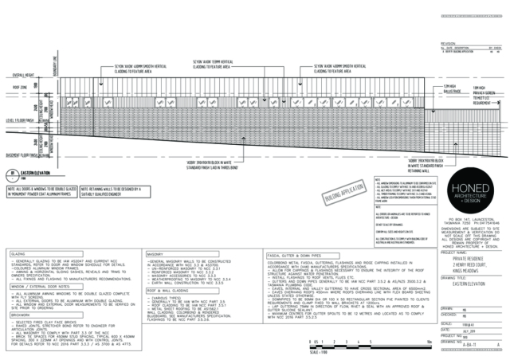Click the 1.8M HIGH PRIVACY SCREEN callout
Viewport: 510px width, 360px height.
click(457, 94)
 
